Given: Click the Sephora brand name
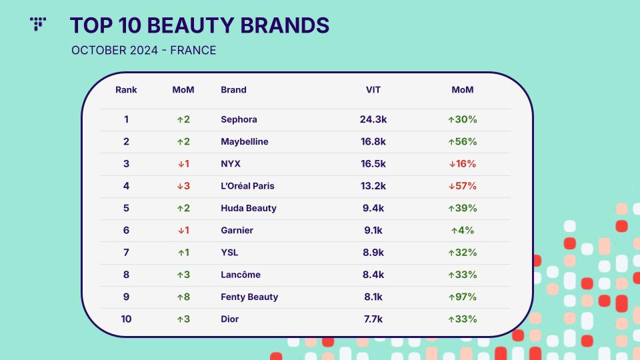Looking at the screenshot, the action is (239, 119).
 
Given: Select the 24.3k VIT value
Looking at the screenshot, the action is (373, 119).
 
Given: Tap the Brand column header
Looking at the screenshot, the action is (233, 90).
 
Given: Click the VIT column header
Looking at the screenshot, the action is (373, 90).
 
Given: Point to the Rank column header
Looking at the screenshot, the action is (126, 90).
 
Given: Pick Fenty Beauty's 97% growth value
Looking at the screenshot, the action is (463, 297).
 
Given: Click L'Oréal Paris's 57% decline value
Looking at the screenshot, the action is (463, 186).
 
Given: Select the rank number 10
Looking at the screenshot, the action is (126, 319).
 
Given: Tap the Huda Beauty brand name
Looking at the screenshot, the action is (249, 208).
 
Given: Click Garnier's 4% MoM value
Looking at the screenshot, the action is (463, 230).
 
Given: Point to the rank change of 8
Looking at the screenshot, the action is (183, 297).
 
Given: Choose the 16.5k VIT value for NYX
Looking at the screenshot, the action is (373, 164).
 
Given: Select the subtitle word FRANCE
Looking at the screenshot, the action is (193, 50).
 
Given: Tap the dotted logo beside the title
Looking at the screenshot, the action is (38, 24).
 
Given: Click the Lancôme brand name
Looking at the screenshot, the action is (241, 275).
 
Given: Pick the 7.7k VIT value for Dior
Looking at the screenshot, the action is (373, 319).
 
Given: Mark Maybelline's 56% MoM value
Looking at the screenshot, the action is (463, 141).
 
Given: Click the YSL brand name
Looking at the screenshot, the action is (229, 253).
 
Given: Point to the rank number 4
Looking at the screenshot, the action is (126, 186).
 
